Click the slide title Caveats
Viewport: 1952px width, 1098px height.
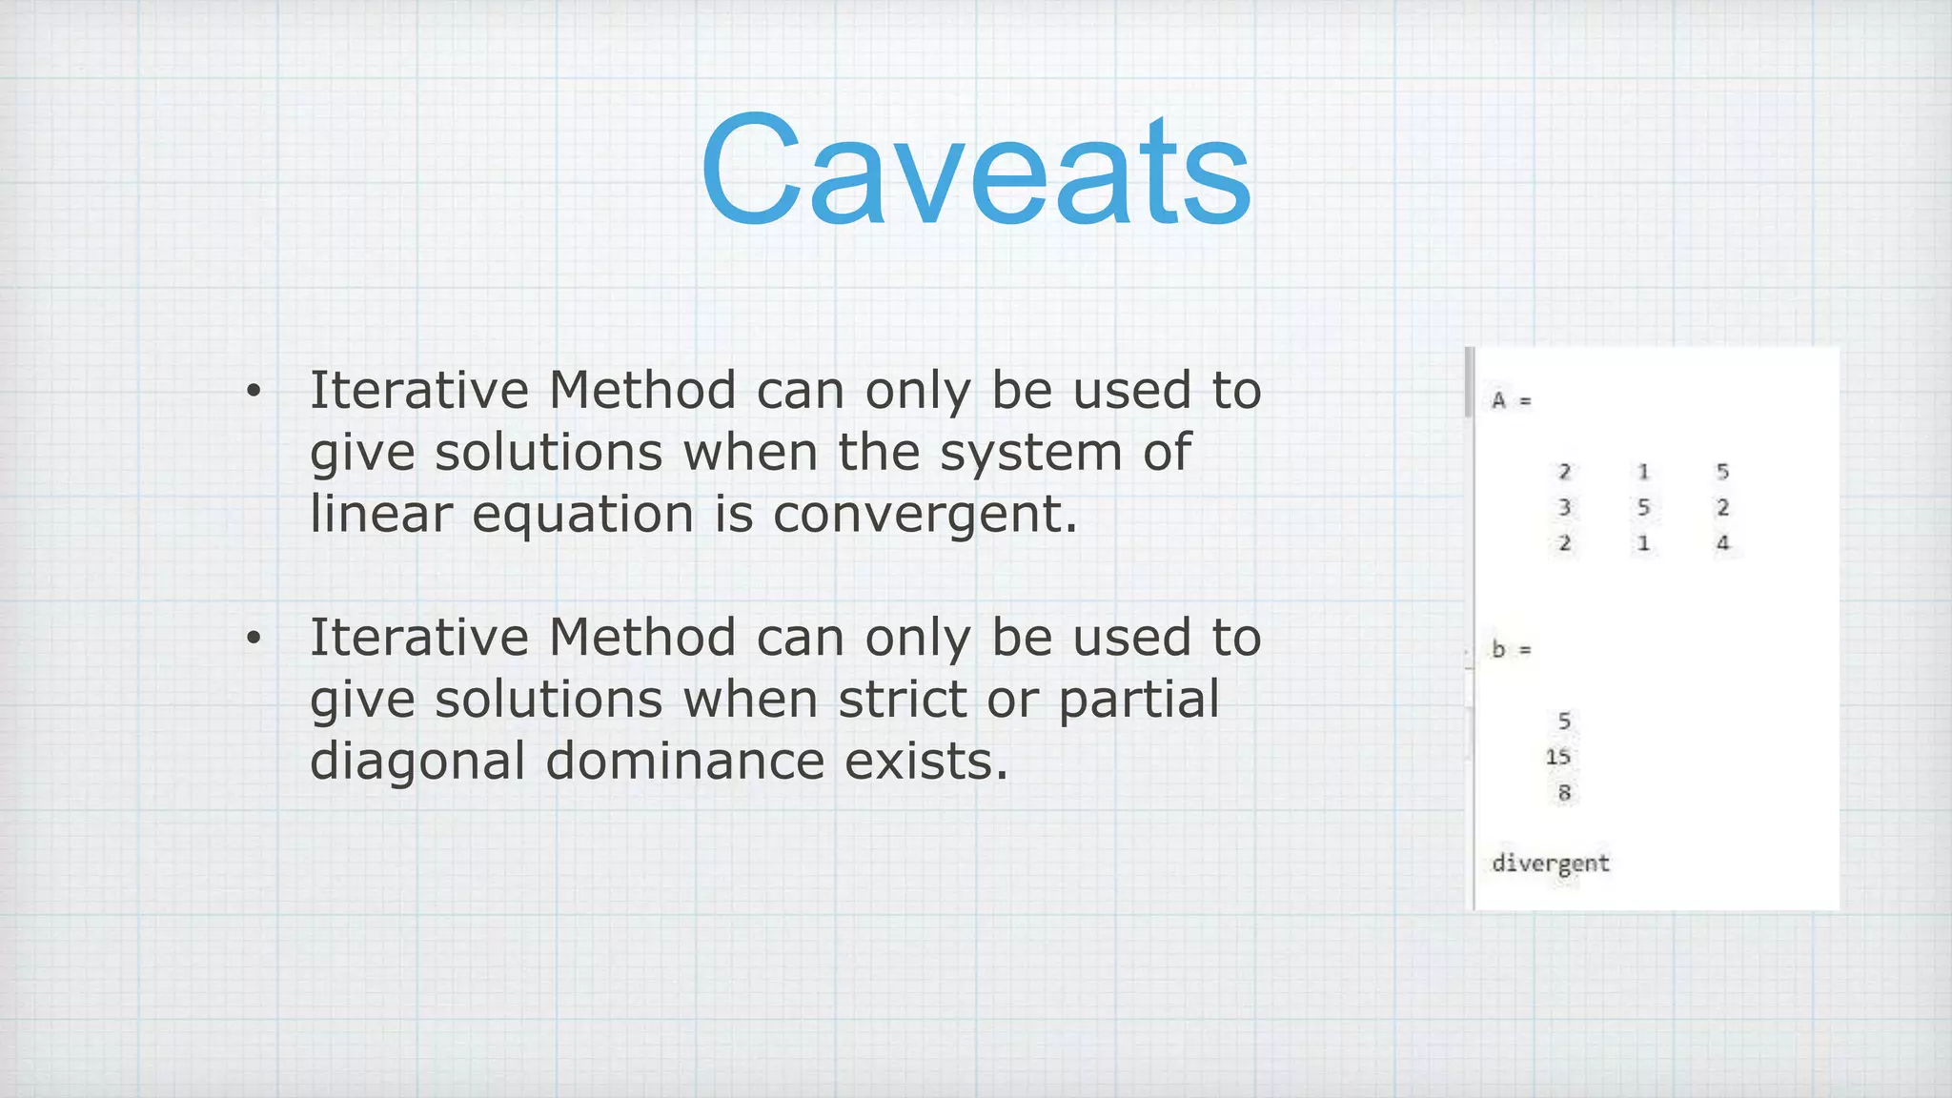(975, 172)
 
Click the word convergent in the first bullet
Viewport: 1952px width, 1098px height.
(925, 515)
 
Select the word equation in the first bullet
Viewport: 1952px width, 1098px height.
(582, 515)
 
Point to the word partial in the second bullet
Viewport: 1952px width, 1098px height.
(1139, 699)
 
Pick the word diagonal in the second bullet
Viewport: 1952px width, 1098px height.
(417, 762)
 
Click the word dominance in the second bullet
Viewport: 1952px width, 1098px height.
(684, 762)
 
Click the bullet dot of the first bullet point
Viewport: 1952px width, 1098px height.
(253, 392)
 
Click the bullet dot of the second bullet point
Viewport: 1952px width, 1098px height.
(253, 639)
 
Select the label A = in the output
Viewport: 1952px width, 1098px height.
(1511, 400)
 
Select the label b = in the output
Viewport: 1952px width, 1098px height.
(1511, 650)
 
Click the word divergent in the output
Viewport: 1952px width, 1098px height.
(1550, 864)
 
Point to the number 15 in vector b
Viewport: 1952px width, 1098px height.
(1557, 757)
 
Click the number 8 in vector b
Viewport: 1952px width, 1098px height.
(1564, 792)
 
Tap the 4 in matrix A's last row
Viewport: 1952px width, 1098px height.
(1722, 543)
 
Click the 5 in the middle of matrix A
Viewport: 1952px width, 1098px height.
(1643, 507)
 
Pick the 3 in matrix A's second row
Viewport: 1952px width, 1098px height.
(1564, 507)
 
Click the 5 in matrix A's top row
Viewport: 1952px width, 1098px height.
(1722, 471)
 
